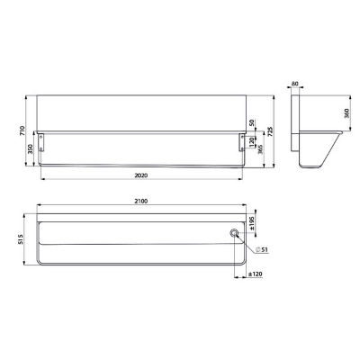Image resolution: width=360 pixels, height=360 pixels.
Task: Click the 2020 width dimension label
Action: coord(140,175)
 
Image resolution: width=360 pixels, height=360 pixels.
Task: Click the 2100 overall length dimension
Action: coord(141,202)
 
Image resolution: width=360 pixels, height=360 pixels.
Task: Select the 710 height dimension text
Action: coord(22,130)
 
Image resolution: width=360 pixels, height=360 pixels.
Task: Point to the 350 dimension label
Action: coord(31,149)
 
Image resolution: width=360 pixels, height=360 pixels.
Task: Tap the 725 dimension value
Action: coord(270,131)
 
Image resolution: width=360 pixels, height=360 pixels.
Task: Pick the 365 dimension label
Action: coord(260,149)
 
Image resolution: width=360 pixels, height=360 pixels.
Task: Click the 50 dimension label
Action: coord(252,122)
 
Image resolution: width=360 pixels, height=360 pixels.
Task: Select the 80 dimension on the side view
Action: coord(295,84)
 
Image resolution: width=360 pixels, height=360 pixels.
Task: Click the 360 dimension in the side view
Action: coord(347,113)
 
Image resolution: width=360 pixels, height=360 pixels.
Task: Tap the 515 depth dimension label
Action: coord(21,240)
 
